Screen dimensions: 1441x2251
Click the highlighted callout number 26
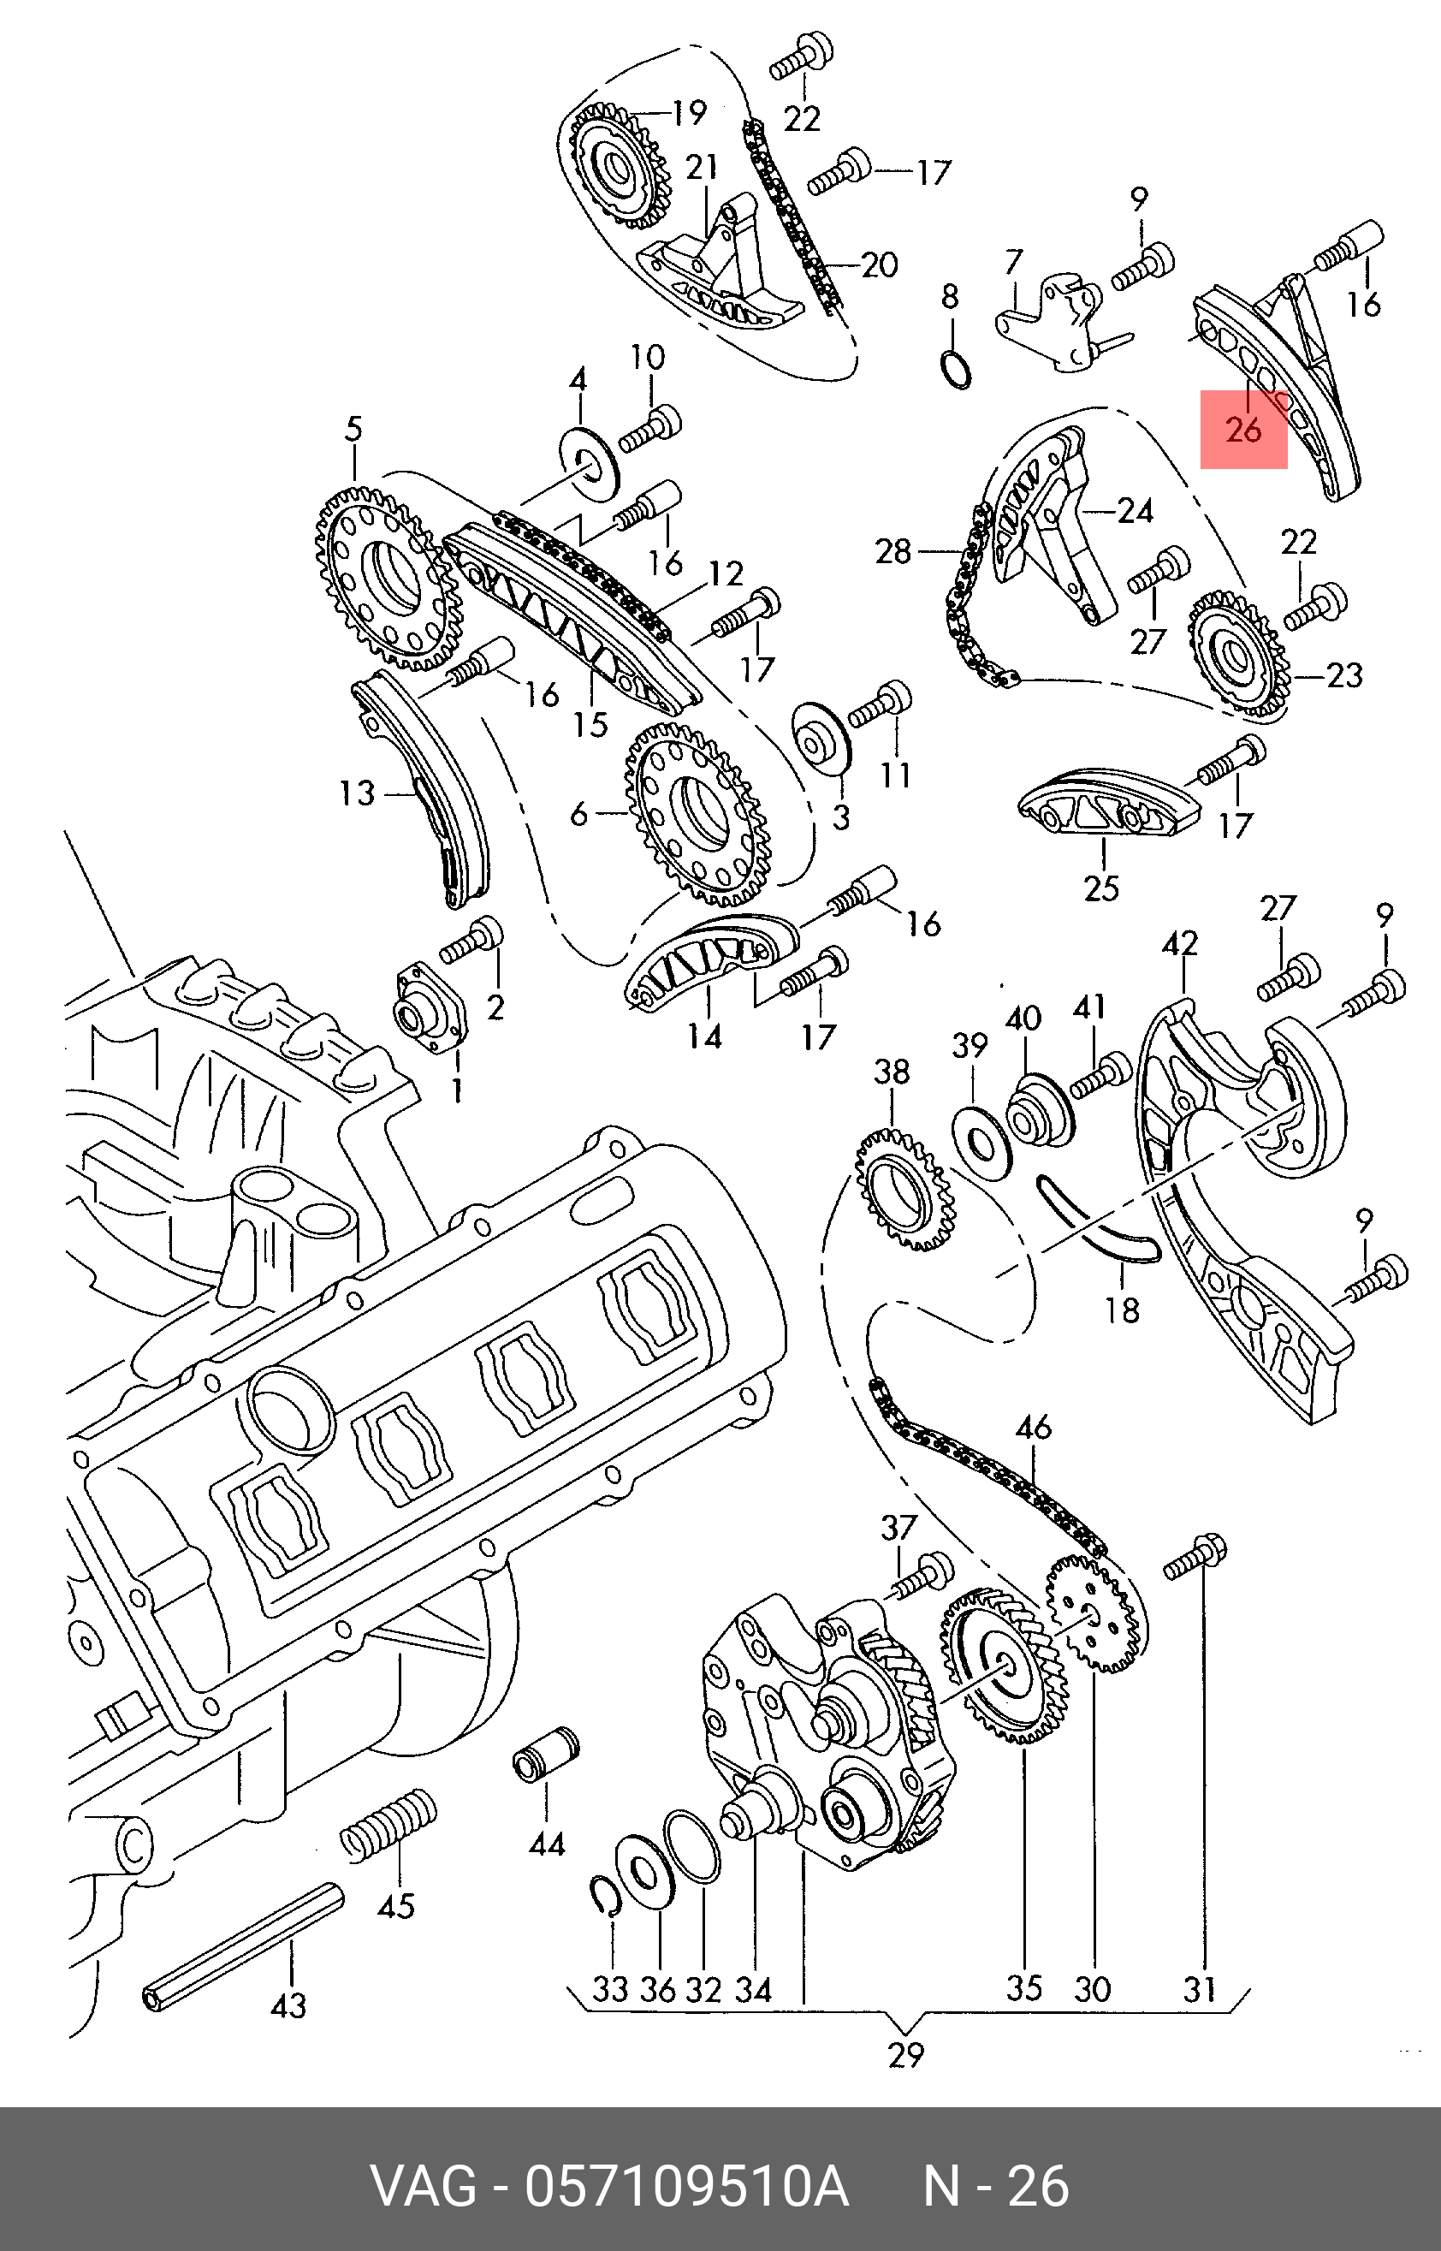(1243, 430)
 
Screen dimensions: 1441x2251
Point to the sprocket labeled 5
(388, 576)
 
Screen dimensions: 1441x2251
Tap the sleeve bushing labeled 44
(547, 1753)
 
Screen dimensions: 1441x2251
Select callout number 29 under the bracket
(906, 2055)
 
